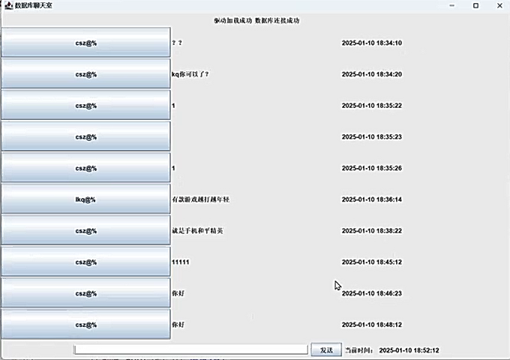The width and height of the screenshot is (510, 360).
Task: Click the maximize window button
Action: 475,5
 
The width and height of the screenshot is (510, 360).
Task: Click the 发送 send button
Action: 326,349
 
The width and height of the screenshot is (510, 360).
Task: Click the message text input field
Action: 190,349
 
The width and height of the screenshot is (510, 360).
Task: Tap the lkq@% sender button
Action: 85,199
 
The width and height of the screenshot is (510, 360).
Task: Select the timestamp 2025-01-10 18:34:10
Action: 371,43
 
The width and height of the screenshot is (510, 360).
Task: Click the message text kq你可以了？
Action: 190,74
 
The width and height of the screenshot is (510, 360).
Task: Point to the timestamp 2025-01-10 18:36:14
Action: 371,199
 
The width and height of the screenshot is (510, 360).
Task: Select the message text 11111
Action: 180,262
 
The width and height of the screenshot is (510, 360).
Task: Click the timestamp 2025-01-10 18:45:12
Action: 371,262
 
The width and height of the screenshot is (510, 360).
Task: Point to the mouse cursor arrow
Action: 337,286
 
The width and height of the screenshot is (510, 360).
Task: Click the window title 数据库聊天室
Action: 34,5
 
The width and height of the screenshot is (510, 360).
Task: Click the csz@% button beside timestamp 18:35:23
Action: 85,136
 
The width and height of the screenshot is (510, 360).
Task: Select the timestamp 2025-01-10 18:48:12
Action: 371,325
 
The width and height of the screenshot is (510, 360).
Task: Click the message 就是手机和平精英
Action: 197,231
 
